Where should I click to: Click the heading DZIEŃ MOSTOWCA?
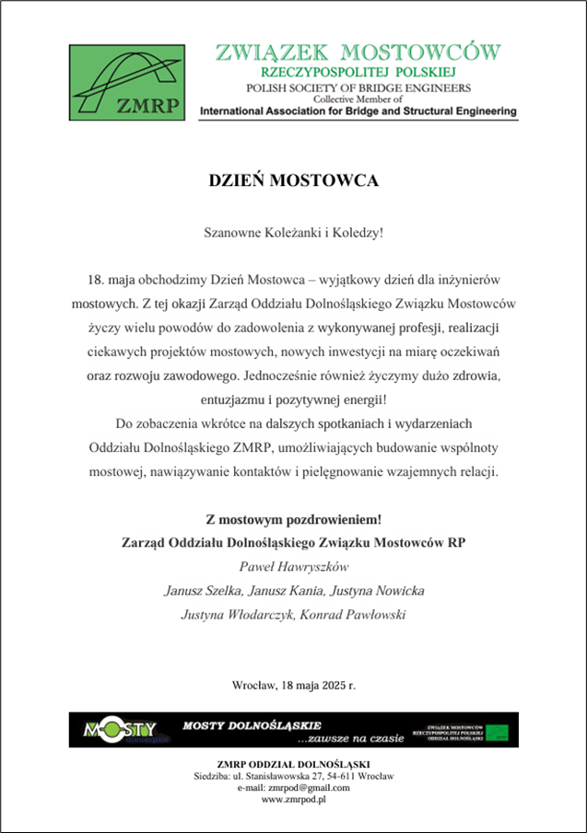(x=293, y=180)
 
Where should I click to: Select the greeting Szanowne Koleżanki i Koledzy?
(x=293, y=232)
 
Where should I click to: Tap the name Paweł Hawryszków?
(x=293, y=565)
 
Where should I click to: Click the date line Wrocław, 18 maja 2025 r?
(x=293, y=686)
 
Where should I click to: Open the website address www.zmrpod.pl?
(x=293, y=800)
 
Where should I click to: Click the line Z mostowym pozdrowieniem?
(x=293, y=517)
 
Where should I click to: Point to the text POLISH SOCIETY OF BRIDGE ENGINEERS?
(x=358, y=87)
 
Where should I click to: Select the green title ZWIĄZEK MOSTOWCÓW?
(x=358, y=51)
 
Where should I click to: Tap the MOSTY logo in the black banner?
(x=121, y=729)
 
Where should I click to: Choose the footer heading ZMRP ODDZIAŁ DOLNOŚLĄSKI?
(x=293, y=764)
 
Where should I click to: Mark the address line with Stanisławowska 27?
(x=293, y=776)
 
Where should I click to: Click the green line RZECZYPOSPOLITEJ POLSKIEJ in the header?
(x=358, y=72)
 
